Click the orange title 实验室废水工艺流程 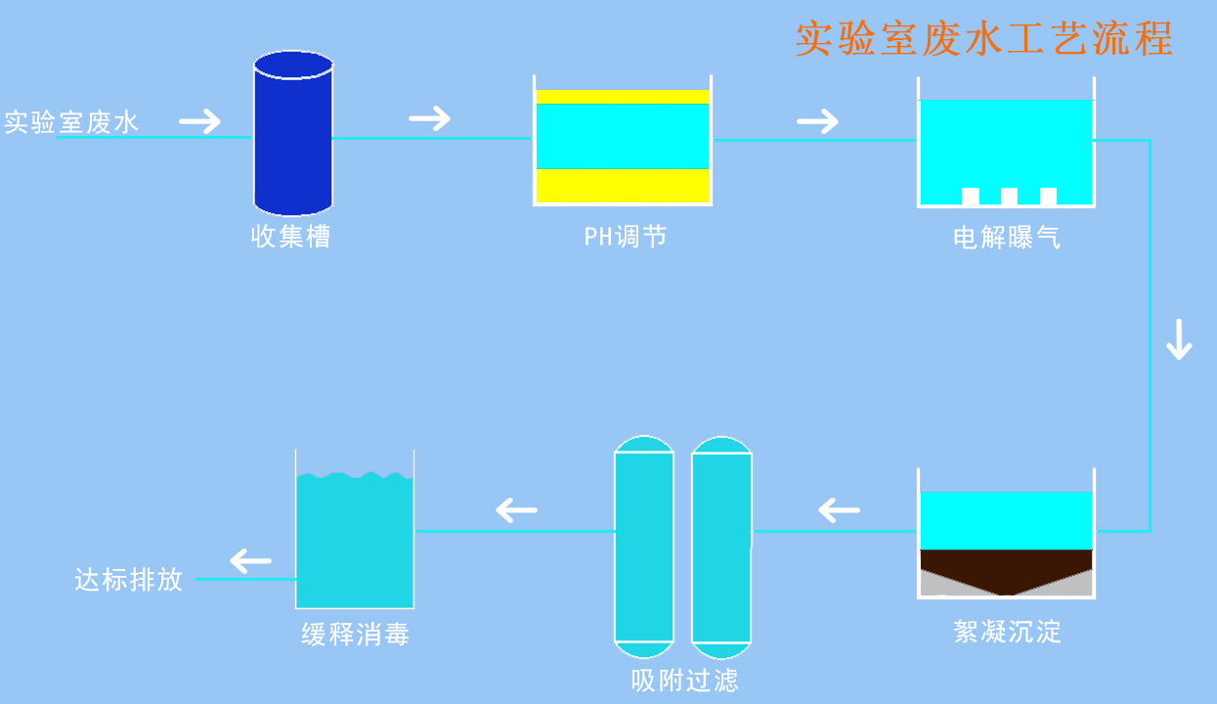983,40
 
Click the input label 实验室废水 71,122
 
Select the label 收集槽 291,237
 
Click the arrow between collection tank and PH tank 430,119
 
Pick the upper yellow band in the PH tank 622,96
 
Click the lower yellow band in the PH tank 622,186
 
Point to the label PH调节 626,237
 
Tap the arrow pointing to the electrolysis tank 818,121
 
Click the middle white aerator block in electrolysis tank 1009,197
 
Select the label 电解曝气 1007,238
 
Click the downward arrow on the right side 1180,339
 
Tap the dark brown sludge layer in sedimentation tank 1006,564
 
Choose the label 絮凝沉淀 1007,632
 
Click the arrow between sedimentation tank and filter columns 839,510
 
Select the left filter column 644,548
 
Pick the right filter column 721,548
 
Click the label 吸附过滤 684,681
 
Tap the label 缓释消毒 355,635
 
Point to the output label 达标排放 129,580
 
